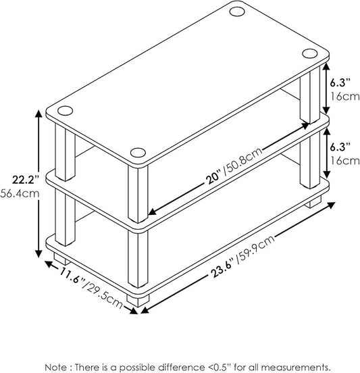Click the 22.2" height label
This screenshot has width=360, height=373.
(25, 180)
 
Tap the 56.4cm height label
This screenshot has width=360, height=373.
(20, 193)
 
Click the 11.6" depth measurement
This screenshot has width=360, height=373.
(72, 276)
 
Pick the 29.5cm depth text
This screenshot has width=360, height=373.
(103, 295)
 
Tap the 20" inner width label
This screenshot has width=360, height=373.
(213, 178)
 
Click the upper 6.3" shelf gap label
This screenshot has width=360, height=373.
(340, 83)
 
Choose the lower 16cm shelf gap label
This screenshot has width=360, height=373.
(345, 161)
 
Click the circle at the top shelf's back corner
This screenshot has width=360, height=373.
(237, 11)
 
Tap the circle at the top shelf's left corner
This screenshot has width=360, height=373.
(65, 110)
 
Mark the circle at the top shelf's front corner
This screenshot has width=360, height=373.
(138, 153)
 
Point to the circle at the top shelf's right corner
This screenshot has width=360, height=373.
(309, 53)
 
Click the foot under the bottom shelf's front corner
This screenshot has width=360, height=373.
(138, 301)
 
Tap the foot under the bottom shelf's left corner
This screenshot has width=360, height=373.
(61, 259)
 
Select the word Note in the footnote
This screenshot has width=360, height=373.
(55, 367)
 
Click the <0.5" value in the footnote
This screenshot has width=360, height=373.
(219, 367)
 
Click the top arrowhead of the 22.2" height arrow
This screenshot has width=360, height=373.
(38, 114)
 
